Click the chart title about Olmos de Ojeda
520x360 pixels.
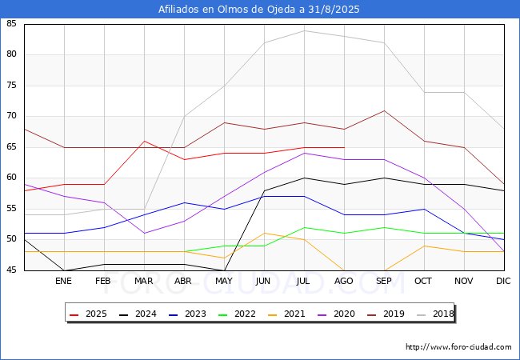click(x=258, y=9)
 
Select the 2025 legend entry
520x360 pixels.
click(x=88, y=314)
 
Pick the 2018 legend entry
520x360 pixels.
click(x=435, y=314)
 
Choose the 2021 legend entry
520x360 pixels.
click(x=286, y=314)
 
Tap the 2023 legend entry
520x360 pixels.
click(x=187, y=314)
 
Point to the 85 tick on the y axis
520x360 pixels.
click(x=11, y=23)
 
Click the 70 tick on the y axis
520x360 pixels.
click(x=11, y=116)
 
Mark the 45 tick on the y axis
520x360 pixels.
click(x=11, y=270)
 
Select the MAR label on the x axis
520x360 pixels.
click(x=143, y=281)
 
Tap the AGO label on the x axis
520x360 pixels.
click(x=343, y=281)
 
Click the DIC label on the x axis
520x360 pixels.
click(x=503, y=281)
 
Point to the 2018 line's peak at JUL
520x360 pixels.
click(x=305, y=31)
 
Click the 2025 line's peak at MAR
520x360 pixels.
click(x=144, y=142)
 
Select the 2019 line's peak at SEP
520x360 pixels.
click(x=384, y=110)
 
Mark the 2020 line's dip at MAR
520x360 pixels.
click(x=144, y=234)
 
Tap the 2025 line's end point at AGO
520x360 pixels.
click(x=344, y=147)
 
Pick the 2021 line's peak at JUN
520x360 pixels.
click(x=264, y=234)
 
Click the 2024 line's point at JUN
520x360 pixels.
click(x=264, y=190)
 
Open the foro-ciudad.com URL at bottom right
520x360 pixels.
click(x=458, y=347)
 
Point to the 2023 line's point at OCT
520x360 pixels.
click(x=424, y=209)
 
